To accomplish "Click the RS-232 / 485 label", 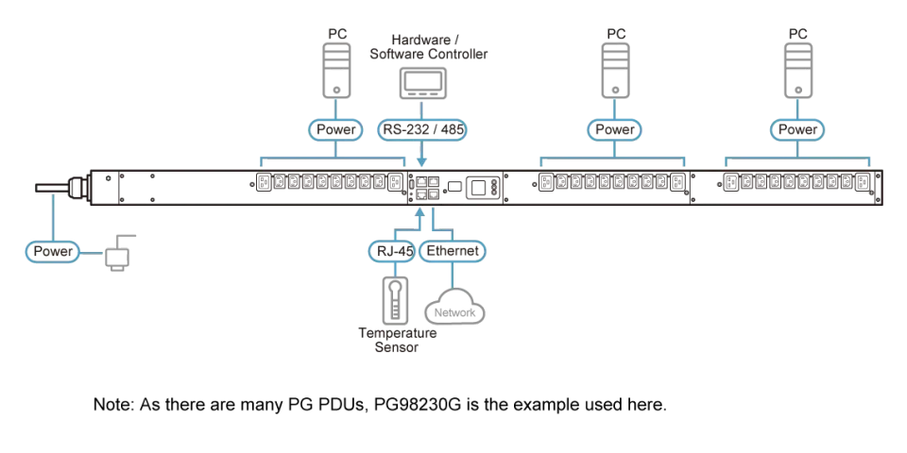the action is coord(422,130).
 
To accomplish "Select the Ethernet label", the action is coord(453,251).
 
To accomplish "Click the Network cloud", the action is coord(454,306).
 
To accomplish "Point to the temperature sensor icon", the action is coord(395,300).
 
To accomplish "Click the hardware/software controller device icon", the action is coord(422,84).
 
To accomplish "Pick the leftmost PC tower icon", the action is coord(337,70).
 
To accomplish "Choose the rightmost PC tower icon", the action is coord(797,70).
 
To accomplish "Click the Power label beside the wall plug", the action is coord(53,251).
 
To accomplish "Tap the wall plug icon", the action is coord(118,253).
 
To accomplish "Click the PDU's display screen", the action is coord(478,187).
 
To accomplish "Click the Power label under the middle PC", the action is coord(615,130).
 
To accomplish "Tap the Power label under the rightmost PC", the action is coord(797,130).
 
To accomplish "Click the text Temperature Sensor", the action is coord(397,340).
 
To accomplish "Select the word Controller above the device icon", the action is coord(457,55).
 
